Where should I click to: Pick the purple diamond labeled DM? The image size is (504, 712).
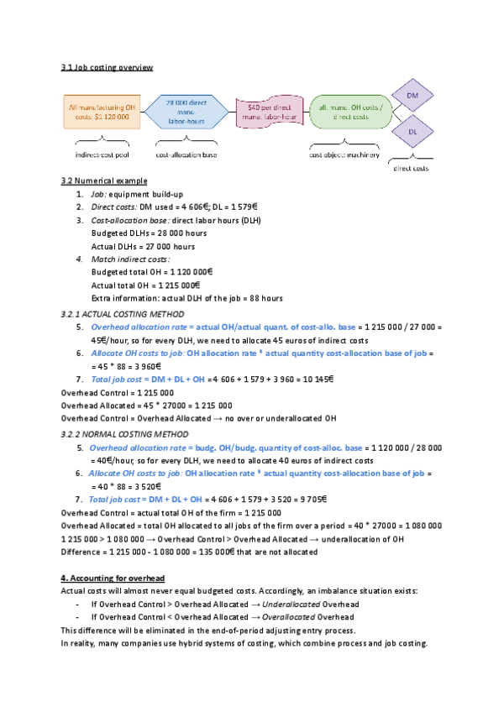412,96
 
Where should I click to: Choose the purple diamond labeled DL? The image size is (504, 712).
412,132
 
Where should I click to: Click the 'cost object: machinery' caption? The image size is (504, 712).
344,154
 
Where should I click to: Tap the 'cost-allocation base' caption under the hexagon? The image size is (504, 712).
186,154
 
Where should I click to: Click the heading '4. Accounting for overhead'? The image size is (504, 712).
113,578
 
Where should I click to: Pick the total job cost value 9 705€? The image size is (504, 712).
313,500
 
